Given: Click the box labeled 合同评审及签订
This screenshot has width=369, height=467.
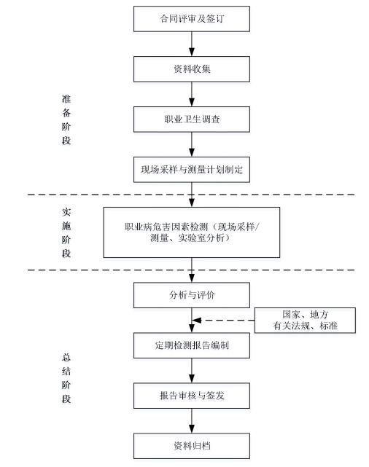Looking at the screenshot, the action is (x=191, y=19).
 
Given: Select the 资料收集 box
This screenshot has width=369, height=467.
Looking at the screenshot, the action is (x=191, y=69).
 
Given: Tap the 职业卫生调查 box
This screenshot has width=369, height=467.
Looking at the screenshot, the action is (x=191, y=119).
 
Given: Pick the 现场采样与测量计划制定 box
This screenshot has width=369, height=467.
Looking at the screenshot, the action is (x=191, y=170).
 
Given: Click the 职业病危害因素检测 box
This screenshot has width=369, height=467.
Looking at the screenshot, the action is (x=191, y=232).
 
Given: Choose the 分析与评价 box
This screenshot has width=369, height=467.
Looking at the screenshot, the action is (x=191, y=295).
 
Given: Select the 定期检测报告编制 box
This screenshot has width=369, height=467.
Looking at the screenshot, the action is (x=191, y=345).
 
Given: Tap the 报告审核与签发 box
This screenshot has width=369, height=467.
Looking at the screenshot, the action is (x=191, y=396).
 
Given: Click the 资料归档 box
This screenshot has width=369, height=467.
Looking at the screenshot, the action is (x=191, y=446).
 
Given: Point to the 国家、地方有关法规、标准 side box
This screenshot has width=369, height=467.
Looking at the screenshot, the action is (x=305, y=320).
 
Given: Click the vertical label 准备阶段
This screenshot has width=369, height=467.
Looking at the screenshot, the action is (x=66, y=119).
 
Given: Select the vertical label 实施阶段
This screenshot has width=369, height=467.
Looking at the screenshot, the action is (x=66, y=232).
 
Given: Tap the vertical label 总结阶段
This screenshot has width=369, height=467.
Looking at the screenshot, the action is (x=66, y=378).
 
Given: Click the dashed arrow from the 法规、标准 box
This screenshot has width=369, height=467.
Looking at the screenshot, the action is (x=223, y=321).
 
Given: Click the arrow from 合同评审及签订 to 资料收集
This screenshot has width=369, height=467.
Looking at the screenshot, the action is (x=192, y=44).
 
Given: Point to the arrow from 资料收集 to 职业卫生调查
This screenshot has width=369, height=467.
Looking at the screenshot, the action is (x=192, y=95).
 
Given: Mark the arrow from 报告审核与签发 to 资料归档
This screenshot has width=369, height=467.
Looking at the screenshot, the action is (x=192, y=421).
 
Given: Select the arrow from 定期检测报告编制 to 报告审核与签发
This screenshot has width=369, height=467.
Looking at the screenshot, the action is (x=192, y=371).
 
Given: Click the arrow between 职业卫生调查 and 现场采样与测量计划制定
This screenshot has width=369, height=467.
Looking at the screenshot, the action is (x=192, y=145).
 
